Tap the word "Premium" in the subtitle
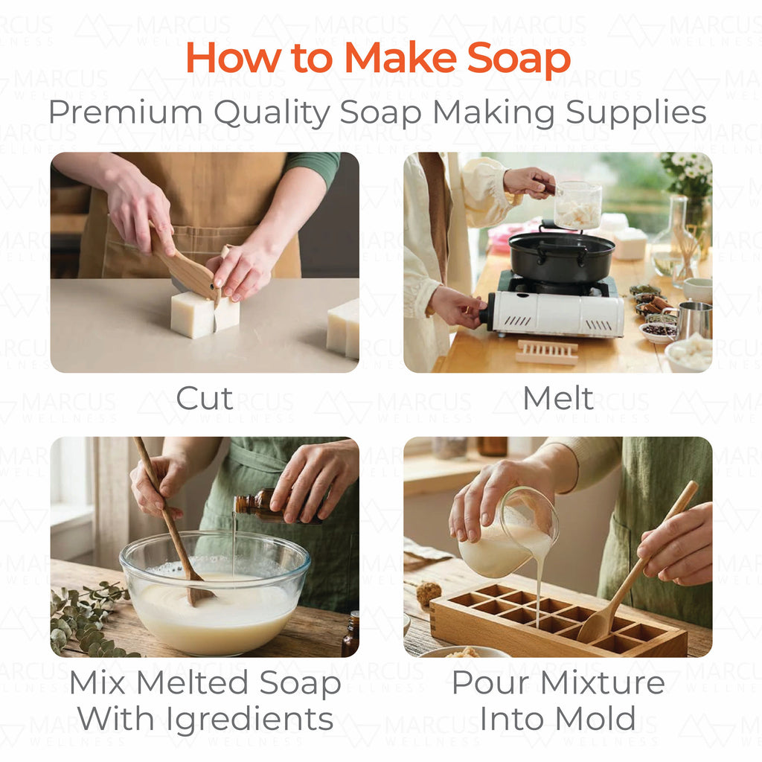coord(125,112)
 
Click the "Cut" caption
coord(205,399)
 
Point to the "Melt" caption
coord(558,399)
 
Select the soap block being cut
coord(205,316)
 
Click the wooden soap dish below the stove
coord(547,352)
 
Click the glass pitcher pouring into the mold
coord(508,534)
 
